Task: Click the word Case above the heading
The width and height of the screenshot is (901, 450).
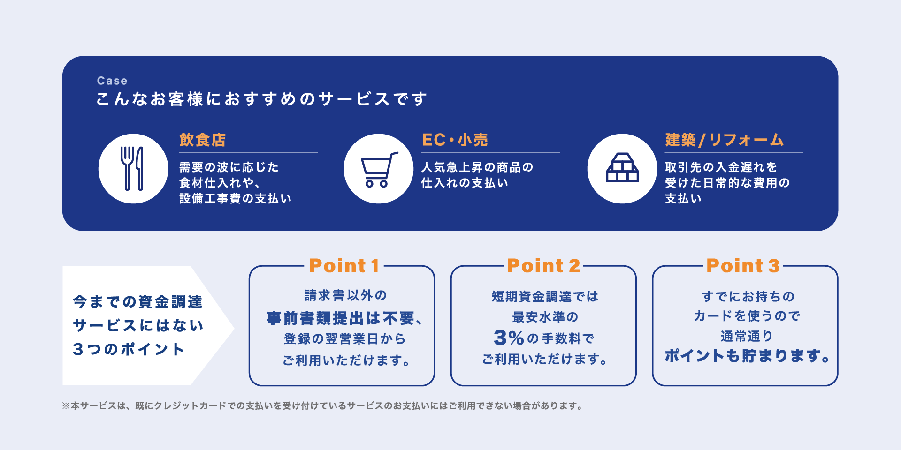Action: (112, 81)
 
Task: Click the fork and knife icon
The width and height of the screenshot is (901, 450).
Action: (133, 169)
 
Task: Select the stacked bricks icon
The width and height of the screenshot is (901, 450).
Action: (622, 168)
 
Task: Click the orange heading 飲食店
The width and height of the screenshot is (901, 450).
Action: (203, 140)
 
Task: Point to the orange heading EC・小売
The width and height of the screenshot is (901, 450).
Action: (455, 140)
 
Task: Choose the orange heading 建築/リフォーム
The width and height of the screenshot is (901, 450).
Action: (724, 140)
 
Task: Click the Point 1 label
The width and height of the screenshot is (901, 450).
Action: (344, 266)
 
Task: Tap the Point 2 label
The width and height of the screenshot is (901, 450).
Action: (543, 266)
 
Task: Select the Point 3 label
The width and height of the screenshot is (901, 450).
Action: (743, 266)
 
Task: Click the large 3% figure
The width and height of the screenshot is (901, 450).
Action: (509, 337)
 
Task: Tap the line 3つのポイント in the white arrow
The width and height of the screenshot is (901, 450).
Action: (129, 349)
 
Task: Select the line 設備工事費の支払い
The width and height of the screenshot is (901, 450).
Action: (236, 198)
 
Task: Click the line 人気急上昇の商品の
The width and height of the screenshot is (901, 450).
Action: (477, 167)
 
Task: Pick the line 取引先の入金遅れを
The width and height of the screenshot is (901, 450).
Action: (721, 167)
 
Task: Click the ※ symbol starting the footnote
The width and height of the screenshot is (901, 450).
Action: (66, 406)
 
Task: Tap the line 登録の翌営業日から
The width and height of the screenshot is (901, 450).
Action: (344, 338)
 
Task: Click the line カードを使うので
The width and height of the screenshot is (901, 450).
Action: (747, 316)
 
